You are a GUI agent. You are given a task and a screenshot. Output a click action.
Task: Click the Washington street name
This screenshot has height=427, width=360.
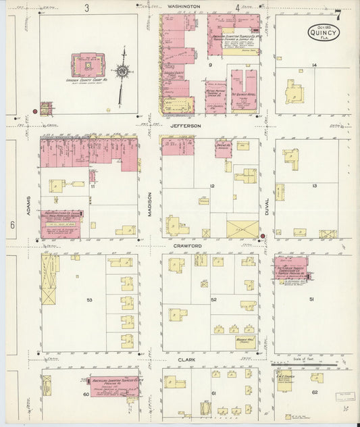[x=184, y=6]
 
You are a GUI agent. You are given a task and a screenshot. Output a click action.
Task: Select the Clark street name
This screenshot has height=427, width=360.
[x=186, y=360]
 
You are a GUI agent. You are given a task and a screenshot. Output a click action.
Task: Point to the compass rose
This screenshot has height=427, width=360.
[x=123, y=70]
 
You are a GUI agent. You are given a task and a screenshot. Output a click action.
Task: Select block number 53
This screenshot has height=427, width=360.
[x=89, y=299]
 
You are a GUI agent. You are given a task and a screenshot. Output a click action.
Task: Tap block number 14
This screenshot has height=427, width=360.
[x=314, y=65]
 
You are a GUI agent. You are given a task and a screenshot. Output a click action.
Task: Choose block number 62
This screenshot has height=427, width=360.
[x=315, y=392]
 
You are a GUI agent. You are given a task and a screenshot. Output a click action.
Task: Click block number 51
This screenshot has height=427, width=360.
[x=312, y=299]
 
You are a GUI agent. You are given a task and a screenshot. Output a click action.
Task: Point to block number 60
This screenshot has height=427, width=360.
[x=86, y=394]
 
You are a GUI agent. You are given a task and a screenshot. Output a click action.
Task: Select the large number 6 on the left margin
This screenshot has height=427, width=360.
[x=12, y=226]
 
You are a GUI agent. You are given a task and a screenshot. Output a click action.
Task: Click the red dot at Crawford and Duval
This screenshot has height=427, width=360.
[x=262, y=236]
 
